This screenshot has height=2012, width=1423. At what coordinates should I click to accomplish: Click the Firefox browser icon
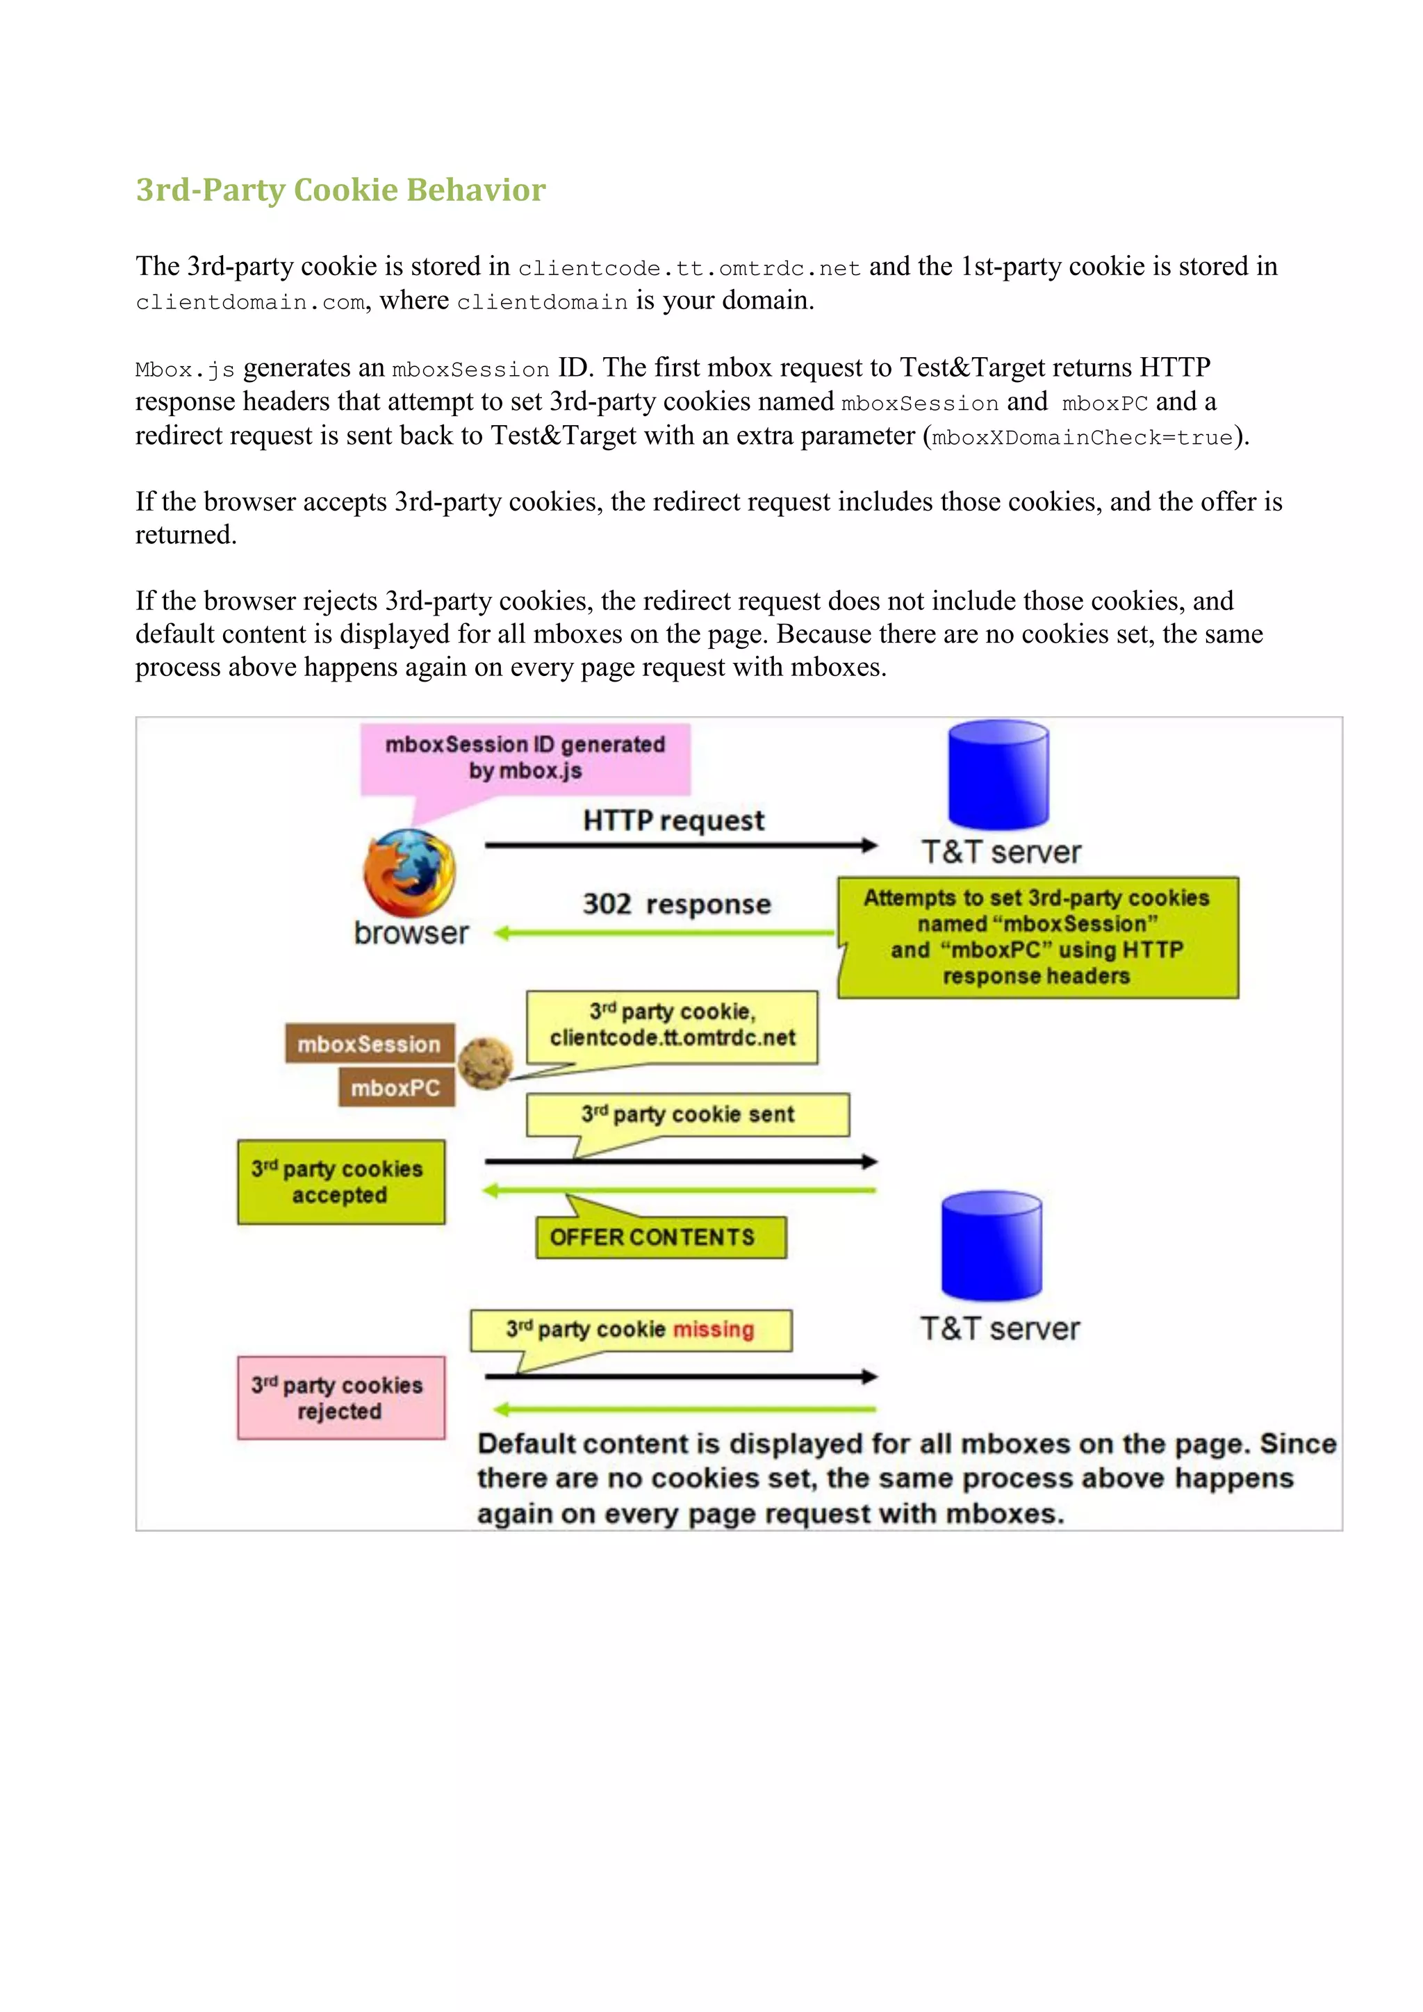point(409,873)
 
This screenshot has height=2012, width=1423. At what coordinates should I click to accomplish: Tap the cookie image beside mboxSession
point(484,1063)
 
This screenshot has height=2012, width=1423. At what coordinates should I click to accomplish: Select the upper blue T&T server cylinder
point(998,775)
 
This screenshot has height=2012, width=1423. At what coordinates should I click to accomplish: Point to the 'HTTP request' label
point(673,821)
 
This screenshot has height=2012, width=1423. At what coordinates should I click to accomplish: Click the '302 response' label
point(677,905)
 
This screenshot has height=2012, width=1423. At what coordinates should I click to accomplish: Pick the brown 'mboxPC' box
point(396,1087)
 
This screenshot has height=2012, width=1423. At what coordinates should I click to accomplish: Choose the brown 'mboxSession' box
point(369,1044)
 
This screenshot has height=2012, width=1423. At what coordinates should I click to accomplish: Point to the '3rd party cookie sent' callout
point(687,1114)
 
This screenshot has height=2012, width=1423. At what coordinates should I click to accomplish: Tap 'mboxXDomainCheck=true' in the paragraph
point(1082,437)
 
